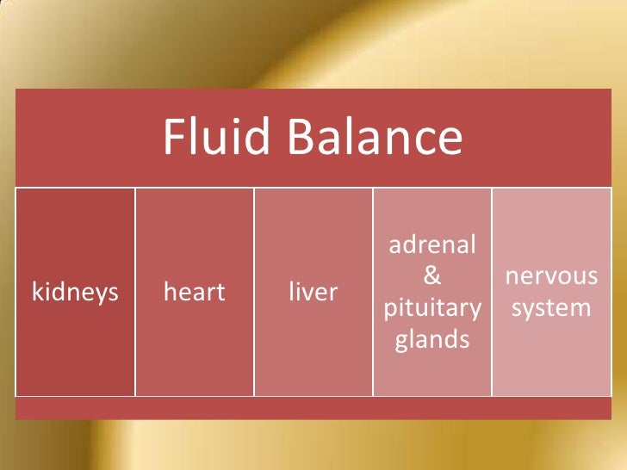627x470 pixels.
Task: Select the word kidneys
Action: coord(75,293)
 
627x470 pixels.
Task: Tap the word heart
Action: coord(194,293)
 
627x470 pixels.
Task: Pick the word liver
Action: coord(313,293)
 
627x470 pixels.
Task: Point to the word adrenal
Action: coord(432,244)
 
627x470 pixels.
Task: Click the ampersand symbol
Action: coord(432,276)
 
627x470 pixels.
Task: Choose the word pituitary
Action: coord(432,308)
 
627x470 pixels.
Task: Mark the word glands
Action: coord(432,340)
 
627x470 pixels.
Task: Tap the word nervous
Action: coord(551,276)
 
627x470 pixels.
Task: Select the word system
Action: coord(551,308)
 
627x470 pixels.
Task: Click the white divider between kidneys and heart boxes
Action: coord(135,292)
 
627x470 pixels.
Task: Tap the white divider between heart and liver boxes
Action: coord(254,292)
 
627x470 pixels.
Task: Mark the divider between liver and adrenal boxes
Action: coord(373,292)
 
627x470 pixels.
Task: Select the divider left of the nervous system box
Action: coord(492,292)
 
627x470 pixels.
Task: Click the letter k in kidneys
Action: coord(36,292)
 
